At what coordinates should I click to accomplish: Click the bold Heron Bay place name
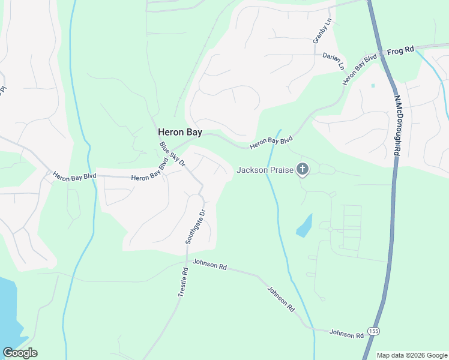(x=179, y=132)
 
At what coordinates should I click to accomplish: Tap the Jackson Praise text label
(x=265, y=170)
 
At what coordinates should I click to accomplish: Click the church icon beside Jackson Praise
(x=303, y=170)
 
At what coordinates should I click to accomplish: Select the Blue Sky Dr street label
(x=173, y=154)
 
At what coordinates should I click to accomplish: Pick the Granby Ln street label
(x=322, y=30)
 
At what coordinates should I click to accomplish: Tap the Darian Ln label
(x=334, y=61)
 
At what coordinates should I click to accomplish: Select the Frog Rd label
(x=400, y=51)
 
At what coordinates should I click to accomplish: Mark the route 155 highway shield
(x=374, y=331)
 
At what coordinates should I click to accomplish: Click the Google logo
(x=20, y=353)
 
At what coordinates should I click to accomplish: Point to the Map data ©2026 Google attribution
(x=411, y=355)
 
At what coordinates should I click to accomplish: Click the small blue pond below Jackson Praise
(x=304, y=226)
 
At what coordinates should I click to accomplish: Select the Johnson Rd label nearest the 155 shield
(x=347, y=333)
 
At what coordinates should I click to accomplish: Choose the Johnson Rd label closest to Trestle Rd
(x=209, y=265)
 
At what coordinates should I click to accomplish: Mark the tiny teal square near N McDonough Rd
(x=373, y=86)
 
